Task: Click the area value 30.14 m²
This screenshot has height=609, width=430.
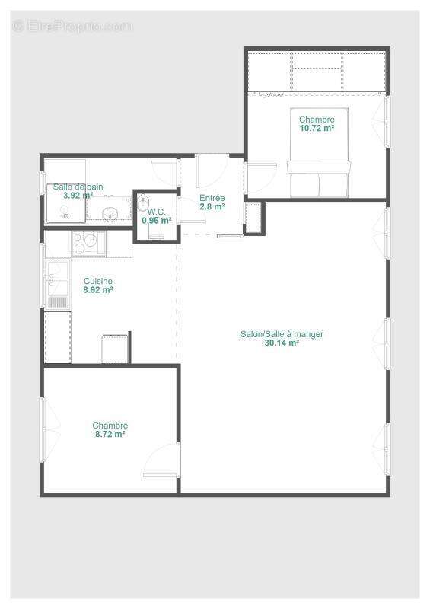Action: click(x=282, y=343)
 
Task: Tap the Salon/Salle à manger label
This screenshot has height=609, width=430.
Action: click(x=282, y=334)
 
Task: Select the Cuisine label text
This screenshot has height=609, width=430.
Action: click(x=98, y=281)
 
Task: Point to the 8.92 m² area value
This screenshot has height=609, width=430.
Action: click(x=98, y=290)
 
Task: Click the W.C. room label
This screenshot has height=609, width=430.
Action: click(x=157, y=212)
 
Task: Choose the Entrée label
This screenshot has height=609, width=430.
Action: click(x=212, y=197)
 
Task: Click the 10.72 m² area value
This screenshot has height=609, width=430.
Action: click(x=317, y=129)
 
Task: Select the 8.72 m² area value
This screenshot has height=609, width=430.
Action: click(x=110, y=434)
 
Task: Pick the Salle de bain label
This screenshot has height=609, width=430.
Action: click(x=78, y=187)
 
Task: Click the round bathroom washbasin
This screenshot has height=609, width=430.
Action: click(x=110, y=212)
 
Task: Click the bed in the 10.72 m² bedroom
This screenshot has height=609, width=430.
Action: click(x=319, y=178)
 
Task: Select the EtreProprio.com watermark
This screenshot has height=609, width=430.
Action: click(x=72, y=26)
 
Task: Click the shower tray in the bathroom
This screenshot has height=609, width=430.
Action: click(x=65, y=203)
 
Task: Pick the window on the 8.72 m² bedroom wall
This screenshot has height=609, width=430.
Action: click(x=43, y=430)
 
